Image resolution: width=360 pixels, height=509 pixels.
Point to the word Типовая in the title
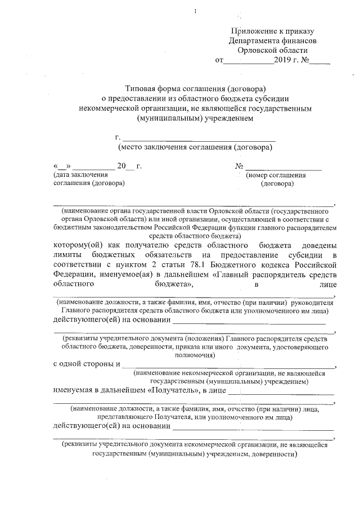pos(144,88)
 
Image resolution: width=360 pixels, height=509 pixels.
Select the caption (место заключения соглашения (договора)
pos(195,147)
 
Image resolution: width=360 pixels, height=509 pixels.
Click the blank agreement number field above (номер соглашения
pos(283,167)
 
